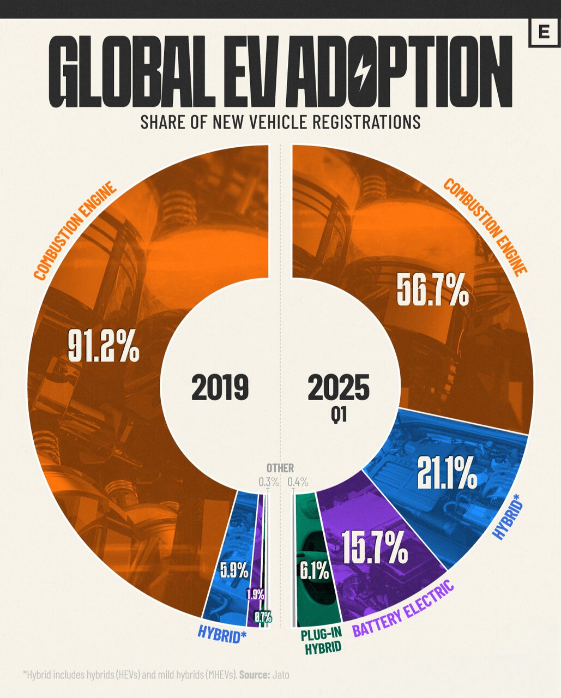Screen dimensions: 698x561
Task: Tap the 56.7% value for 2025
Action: point(432,291)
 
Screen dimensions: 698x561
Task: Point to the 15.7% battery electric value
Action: point(375,547)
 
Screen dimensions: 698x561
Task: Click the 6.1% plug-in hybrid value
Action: point(314,571)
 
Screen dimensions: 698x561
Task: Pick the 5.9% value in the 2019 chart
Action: point(234,570)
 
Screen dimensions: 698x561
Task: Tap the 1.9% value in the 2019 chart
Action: point(255,594)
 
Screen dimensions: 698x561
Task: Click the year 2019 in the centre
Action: point(220,388)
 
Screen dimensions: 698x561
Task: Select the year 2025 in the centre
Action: point(338,388)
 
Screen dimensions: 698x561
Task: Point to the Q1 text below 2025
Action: point(339,416)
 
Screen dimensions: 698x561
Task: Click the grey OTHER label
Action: point(280,468)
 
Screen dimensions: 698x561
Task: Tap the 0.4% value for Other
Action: point(298,482)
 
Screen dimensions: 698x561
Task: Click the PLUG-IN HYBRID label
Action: point(322,641)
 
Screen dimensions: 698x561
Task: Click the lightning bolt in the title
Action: point(362,71)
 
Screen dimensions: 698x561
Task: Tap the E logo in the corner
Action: point(543,33)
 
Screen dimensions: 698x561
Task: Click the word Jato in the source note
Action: point(281,675)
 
